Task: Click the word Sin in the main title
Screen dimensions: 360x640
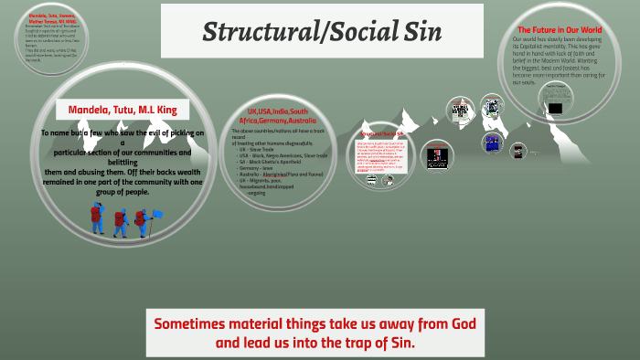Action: click(422, 32)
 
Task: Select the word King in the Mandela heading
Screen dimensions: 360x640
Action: click(174, 111)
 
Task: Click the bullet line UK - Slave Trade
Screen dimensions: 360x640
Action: click(259, 149)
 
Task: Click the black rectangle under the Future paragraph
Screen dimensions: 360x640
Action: click(554, 92)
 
